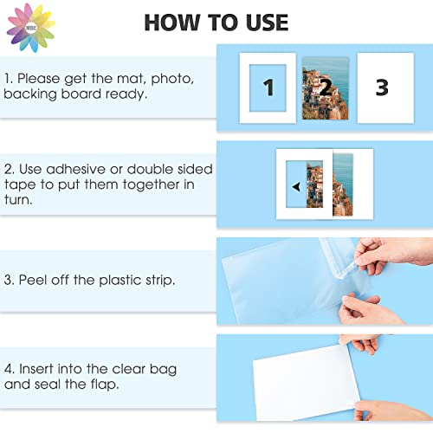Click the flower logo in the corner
[x=30, y=28]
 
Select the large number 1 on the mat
[x=268, y=87]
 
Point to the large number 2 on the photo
[x=326, y=87]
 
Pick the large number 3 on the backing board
[x=382, y=87]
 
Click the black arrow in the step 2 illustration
[x=296, y=187]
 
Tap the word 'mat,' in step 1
[x=132, y=79]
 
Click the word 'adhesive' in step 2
[x=75, y=169]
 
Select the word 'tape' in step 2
[x=20, y=185]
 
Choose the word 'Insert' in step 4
[x=36, y=369]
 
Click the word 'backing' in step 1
[x=30, y=94]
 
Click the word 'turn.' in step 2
[x=18, y=200]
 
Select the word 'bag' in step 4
[x=163, y=370]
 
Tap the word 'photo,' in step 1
[x=172, y=80]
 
